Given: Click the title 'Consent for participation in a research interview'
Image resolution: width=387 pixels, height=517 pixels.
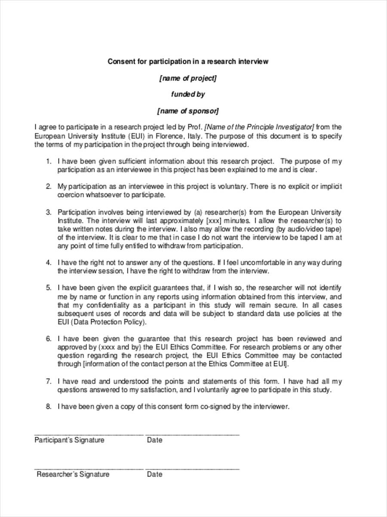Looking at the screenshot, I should point(188,62).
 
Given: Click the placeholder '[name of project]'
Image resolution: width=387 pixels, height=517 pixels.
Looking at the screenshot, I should point(188,78).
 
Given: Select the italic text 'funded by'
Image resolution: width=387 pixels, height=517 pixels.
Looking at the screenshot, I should point(188,94).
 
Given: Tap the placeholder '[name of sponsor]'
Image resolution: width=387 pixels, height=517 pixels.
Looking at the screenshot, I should point(188,111).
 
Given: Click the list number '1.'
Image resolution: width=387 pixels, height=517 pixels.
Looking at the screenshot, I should point(49,162).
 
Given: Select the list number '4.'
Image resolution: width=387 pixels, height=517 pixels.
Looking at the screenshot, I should point(49,262).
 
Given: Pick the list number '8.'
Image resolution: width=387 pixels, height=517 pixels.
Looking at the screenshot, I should point(49,406).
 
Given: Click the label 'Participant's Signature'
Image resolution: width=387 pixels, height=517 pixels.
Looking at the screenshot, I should point(69,440).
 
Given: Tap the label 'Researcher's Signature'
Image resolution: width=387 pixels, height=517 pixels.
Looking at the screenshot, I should point(73,474).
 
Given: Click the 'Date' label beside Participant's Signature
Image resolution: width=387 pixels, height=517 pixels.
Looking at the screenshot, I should point(154,440).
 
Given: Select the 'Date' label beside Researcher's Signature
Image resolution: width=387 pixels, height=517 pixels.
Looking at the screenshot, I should point(154,474).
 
